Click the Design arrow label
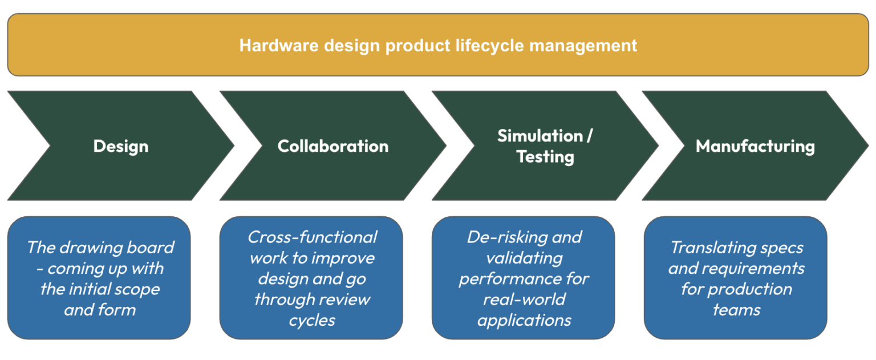coord(120,146)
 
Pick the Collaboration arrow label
coord(332,146)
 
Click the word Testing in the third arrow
coord(545,156)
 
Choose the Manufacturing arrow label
coord(755,146)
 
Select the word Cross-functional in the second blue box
coord(312,237)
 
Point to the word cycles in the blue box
coord(311,320)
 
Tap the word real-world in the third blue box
coord(524,300)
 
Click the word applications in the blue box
coord(524,320)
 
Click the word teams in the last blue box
coord(736,310)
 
